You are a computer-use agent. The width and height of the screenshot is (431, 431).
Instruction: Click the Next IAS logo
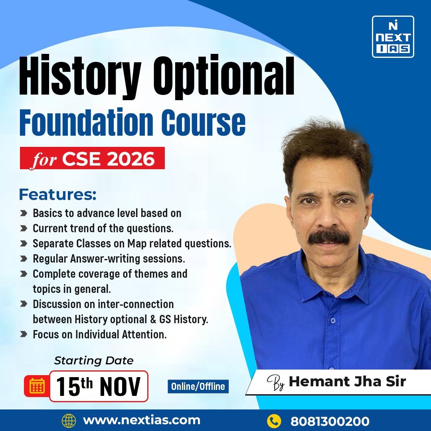click(x=393, y=37)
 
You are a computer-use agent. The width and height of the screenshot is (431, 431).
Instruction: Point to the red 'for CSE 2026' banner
click(x=92, y=158)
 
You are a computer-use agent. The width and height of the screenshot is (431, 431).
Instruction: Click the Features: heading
click(x=57, y=195)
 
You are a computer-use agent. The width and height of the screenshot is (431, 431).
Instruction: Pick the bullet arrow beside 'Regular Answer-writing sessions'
click(x=24, y=259)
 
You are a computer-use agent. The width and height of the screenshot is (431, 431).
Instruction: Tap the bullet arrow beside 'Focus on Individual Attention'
click(x=24, y=335)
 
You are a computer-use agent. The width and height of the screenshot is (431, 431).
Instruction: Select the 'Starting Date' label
click(x=94, y=361)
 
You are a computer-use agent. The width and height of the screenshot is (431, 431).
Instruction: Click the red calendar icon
click(x=37, y=386)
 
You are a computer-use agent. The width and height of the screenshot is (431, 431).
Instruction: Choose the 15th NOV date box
click(x=99, y=386)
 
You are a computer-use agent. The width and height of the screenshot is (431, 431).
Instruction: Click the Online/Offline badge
click(x=198, y=386)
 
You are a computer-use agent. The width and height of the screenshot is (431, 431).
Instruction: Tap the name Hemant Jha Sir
click(x=347, y=381)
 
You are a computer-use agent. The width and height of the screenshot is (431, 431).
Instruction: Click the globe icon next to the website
click(x=69, y=421)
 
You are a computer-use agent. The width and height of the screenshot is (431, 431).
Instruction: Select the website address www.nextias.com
click(x=141, y=420)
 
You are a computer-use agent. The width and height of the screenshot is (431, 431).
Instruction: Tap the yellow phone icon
click(x=274, y=421)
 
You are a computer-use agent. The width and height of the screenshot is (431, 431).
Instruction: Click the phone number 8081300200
click(x=330, y=421)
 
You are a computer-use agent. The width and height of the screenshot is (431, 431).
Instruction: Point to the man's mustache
click(x=328, y=237)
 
